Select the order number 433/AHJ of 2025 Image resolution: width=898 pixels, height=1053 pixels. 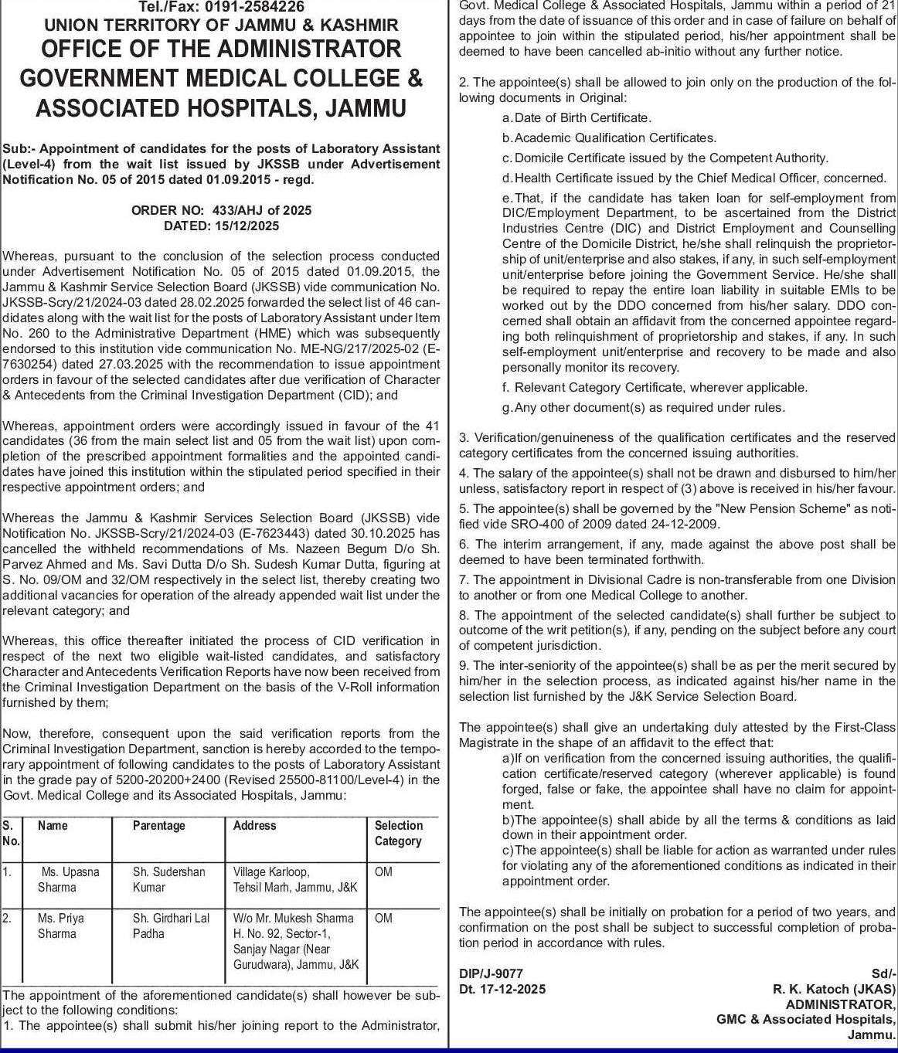[x=221, y=210]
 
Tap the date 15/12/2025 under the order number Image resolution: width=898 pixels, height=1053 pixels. [x=221, y=226]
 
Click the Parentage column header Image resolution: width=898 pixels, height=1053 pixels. [x=159, y=826]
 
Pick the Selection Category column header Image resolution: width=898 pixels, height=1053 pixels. [x=399, y=833]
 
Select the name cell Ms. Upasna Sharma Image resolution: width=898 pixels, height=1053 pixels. [x=69, y=879]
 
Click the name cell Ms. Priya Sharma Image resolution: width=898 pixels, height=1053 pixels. [x=61, y=926]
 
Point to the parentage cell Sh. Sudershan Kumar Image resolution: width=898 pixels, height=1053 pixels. [x=168, y=879]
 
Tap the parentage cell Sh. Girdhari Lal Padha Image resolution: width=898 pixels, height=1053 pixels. [x=171, y=926]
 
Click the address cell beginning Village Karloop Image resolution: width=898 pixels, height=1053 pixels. [x=295, y=879]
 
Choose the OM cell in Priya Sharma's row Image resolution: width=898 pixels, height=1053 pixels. [x=383, y=918]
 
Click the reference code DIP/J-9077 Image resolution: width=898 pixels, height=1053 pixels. [x=491, y=973]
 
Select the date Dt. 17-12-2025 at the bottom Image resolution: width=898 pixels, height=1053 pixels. [x=502, y=989]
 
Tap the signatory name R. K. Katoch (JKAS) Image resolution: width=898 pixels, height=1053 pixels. [x=834, y=989]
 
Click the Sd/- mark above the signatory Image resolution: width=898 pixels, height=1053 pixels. [x=884, y=973]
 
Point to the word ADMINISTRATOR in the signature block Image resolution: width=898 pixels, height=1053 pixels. [x=840, y=1004]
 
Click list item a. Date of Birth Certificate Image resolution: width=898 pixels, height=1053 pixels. [x=577, y=117]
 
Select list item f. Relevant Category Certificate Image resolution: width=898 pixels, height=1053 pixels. [x=655, y=387]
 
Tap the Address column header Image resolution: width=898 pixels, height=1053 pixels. [x=255, y=826]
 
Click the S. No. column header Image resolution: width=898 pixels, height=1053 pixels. [x=11, y=833]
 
